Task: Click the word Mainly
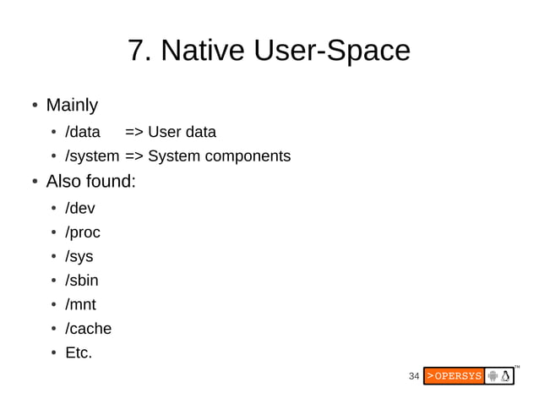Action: pos(72,106)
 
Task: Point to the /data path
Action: pos(83,132)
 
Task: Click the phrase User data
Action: pos(182,132)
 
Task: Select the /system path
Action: pos(92,156)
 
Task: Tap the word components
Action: pos(245,156)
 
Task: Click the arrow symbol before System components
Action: pos(134,156)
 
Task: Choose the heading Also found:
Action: pos(90,181)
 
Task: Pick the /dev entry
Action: pos(80,208)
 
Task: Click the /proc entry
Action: pos(83,232)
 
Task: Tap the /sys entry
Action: pos(79,256)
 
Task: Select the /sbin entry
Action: pos(82,281)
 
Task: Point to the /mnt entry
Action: pos(81,304)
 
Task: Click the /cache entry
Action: pos(89,329)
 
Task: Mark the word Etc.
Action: pos(79,352)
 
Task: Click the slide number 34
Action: pos(414,376)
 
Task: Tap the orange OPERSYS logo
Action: pos(454,376)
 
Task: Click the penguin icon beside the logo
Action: pos(506,376)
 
